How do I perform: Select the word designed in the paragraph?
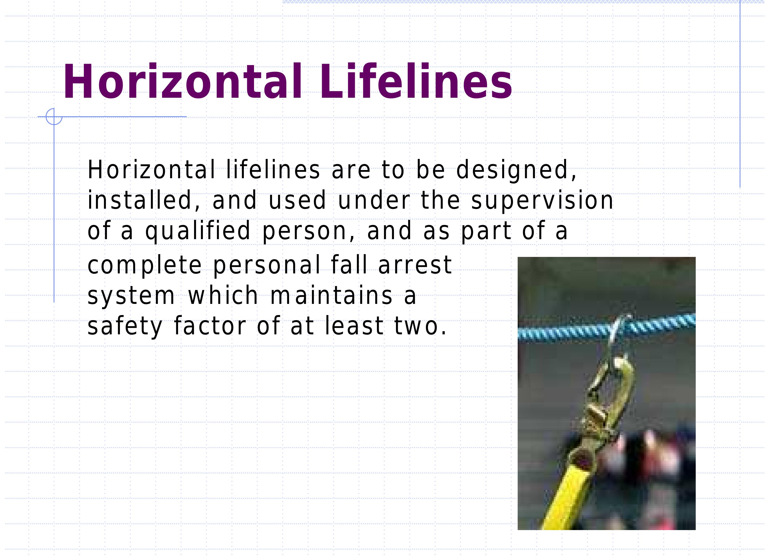coord(516,170)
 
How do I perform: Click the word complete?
coord(145,266)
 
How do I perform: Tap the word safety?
coord(125,326)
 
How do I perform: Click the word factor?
coord(210,326)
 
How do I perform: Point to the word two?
coord(420,326)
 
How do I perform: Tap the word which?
coord(223,296)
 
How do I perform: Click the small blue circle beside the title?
coord(54,117)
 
